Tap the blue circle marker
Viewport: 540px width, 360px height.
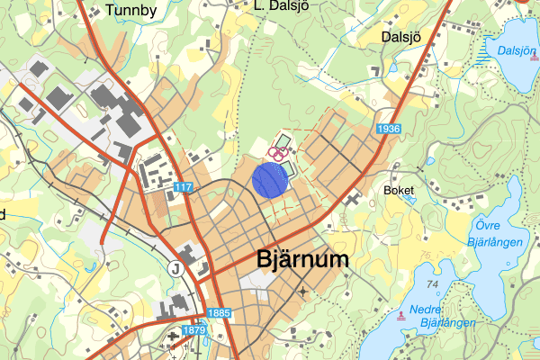[x=269, y=179]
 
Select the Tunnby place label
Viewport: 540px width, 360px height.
[x=130, y=11]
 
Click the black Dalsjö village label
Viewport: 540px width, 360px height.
[x=402, y=38]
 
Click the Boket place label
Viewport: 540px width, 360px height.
[x=398, y=191]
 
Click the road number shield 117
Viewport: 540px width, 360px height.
[x=183, y=187]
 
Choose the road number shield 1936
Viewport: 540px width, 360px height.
[x=389, y=130]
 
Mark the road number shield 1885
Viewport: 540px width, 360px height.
[x=220, y=313]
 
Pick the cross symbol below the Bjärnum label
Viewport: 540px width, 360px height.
[x=303, y=292]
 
